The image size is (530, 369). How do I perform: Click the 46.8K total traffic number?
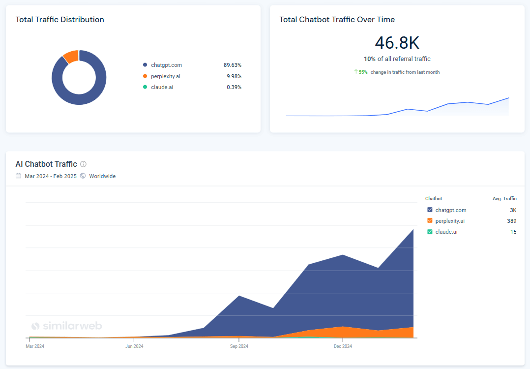tap(397, 43)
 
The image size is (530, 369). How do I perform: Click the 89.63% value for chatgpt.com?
tap(232, 65)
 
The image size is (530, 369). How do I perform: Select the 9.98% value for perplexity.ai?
tap(234, 76)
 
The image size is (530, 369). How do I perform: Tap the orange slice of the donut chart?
tap(71, 56)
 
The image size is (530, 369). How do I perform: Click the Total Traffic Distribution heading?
tap(60, 20)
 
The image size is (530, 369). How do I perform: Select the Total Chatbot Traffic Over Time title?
tap(337, 20)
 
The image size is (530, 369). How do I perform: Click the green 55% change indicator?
tap(361, 72)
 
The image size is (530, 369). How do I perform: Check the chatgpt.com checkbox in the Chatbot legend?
tap(430, 210)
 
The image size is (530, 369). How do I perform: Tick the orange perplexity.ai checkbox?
tap(430, 221)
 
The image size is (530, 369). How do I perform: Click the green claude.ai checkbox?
tap(430, 232)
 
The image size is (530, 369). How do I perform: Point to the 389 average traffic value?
tap(511, 221)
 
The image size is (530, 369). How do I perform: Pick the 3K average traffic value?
tap(513, 210)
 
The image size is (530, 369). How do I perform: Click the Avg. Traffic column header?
tap(504, 199)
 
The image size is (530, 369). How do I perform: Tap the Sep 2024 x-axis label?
tap(239, 346)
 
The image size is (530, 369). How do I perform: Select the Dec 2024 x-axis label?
tap(343, 346)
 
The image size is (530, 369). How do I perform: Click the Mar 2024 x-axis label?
tap(35, 346)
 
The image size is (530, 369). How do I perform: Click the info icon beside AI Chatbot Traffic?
tap(84, 164)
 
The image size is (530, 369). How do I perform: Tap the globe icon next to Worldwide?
tap(83, 176)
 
